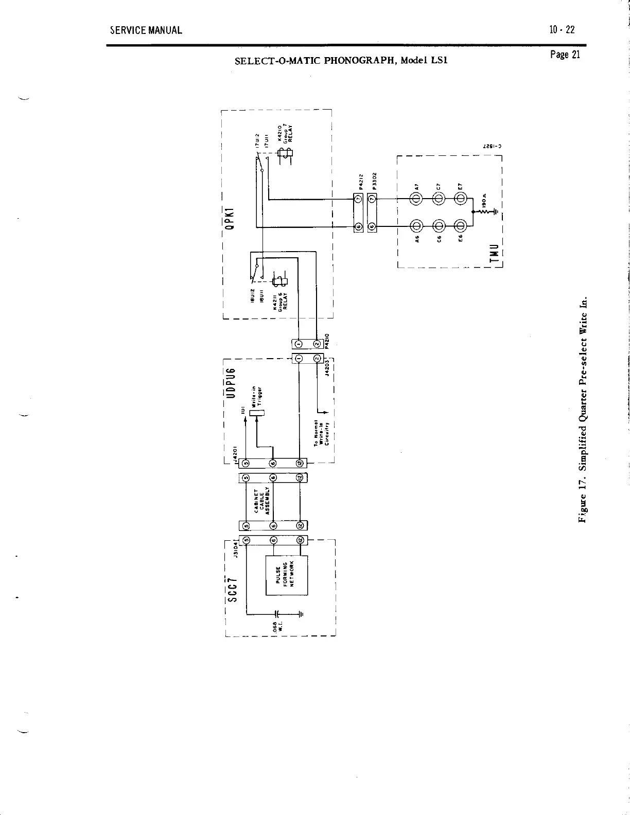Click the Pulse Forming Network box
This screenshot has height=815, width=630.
coord(286,575)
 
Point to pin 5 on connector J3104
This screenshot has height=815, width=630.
coord(246,540)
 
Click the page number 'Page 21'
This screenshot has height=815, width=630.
coord(565,55)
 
